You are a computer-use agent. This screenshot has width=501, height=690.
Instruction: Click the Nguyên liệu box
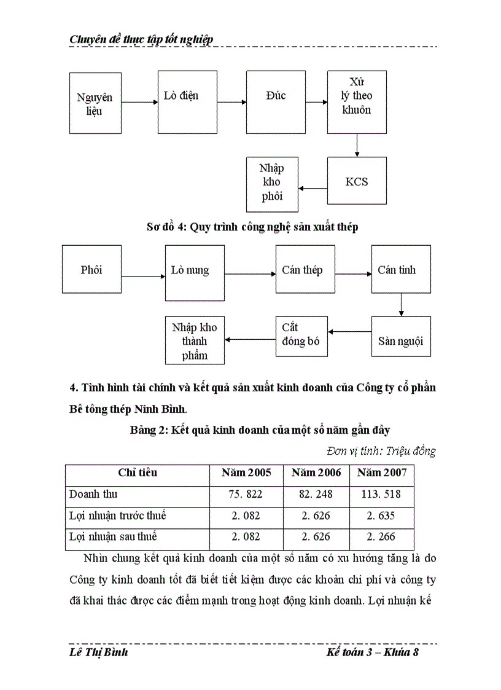tap(95, 103)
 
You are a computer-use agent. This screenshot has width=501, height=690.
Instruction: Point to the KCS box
tap(357, 182)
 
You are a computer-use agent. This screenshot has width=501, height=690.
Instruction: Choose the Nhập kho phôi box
tap(272, 184)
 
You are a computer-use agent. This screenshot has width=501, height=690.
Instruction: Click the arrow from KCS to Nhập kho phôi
tap(313, 189)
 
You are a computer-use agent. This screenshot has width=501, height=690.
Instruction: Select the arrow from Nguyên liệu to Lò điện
tap(139, 103)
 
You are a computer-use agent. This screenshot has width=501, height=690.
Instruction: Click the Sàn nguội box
tap(400, 337)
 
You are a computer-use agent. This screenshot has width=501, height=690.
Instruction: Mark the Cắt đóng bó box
tap(301, 335)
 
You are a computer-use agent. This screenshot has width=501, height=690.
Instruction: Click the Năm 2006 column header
tap(316, 472)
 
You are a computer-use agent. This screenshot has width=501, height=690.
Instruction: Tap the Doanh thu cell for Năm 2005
tap(246, 495)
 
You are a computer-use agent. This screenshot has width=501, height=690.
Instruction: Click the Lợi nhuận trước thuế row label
tap(118, 516)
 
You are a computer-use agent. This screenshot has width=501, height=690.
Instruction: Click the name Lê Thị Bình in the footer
tap(99, 652)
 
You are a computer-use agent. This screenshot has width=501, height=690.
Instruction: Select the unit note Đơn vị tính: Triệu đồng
tap(381, 452)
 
